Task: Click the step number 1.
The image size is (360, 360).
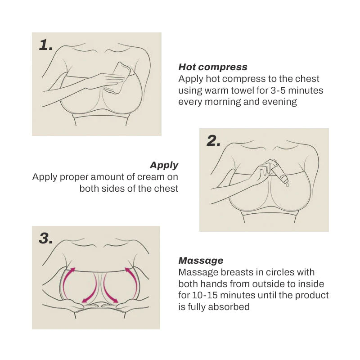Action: (x=46, y=45)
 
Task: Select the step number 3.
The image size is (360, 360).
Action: (x=45, y=238)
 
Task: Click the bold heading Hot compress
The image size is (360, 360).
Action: (x=213, y=67)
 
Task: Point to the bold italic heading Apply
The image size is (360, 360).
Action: (x=164, y=165)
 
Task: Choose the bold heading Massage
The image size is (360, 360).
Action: (x=201, y=261)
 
